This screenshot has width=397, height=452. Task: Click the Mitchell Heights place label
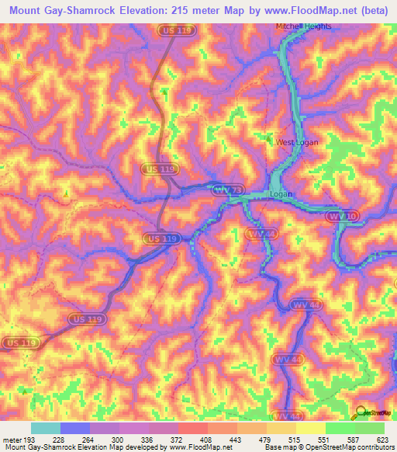point(304,26)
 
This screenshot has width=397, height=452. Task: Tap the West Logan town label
point(299,143)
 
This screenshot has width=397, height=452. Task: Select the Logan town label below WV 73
point(280,194)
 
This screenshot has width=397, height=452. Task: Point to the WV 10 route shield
point(339,214)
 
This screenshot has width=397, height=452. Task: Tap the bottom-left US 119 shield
point(19,342)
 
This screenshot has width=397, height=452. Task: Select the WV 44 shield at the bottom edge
point(288,416)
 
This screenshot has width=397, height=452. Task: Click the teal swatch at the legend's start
point(46,428)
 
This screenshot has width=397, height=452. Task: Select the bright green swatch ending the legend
point(370,428)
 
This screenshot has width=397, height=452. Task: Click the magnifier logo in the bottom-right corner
point(361,414)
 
